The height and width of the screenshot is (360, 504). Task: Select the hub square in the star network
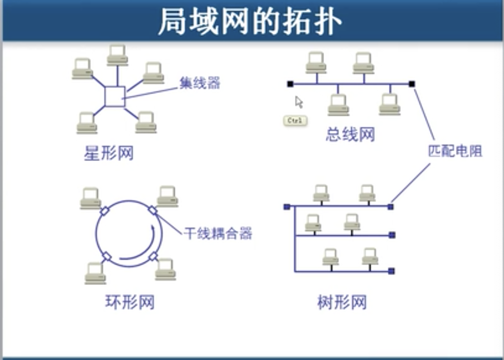pos(115,97)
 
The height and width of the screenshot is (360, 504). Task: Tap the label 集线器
pos(200,83)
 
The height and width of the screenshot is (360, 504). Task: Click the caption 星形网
pos(109,154)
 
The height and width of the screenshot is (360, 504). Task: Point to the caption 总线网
pos(350,134)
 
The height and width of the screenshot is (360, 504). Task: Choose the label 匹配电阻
pos(455,151)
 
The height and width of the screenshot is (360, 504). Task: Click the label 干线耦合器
pos(218,233)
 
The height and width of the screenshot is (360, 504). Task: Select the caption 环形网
pos(130,302)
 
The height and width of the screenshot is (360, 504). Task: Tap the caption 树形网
pos(342,302)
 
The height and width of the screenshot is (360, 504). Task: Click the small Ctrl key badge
pos(295,120)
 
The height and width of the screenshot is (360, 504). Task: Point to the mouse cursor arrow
pos(299,102)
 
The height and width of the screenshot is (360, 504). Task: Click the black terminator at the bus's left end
pos(290,84)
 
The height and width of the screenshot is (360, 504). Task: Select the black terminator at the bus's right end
pos(412,84)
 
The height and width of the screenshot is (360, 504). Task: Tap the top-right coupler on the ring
pos(152,210)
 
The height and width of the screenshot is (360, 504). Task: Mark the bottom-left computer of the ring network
pos(96,273)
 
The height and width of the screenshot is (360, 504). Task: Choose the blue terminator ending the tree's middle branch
pos(392,235)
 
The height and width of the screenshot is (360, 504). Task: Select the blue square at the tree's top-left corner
pos(287,206)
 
